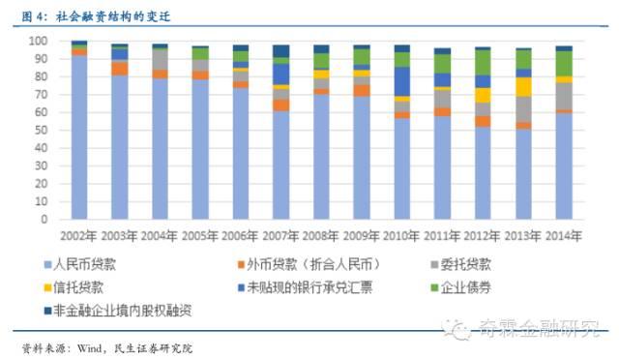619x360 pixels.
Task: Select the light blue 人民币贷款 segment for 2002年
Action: point(79,135)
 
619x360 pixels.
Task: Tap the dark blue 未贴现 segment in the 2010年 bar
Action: point(401,80)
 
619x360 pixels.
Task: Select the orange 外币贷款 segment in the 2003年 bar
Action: point(119,68)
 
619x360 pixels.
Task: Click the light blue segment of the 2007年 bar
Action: point(280,165)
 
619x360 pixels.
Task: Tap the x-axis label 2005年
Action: point(200,235)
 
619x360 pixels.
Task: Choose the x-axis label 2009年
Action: point(361,235)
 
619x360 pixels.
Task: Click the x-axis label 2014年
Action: point(563,235)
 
